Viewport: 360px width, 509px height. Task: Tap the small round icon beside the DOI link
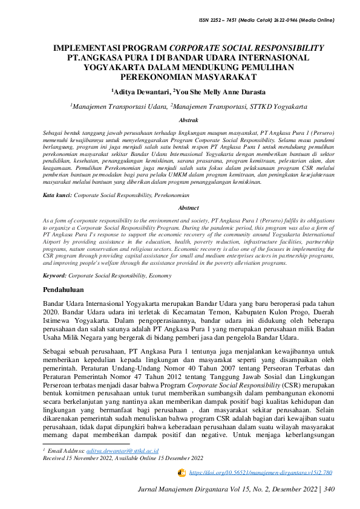click(181, 472)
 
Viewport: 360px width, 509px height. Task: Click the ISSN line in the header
click(266, 21)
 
